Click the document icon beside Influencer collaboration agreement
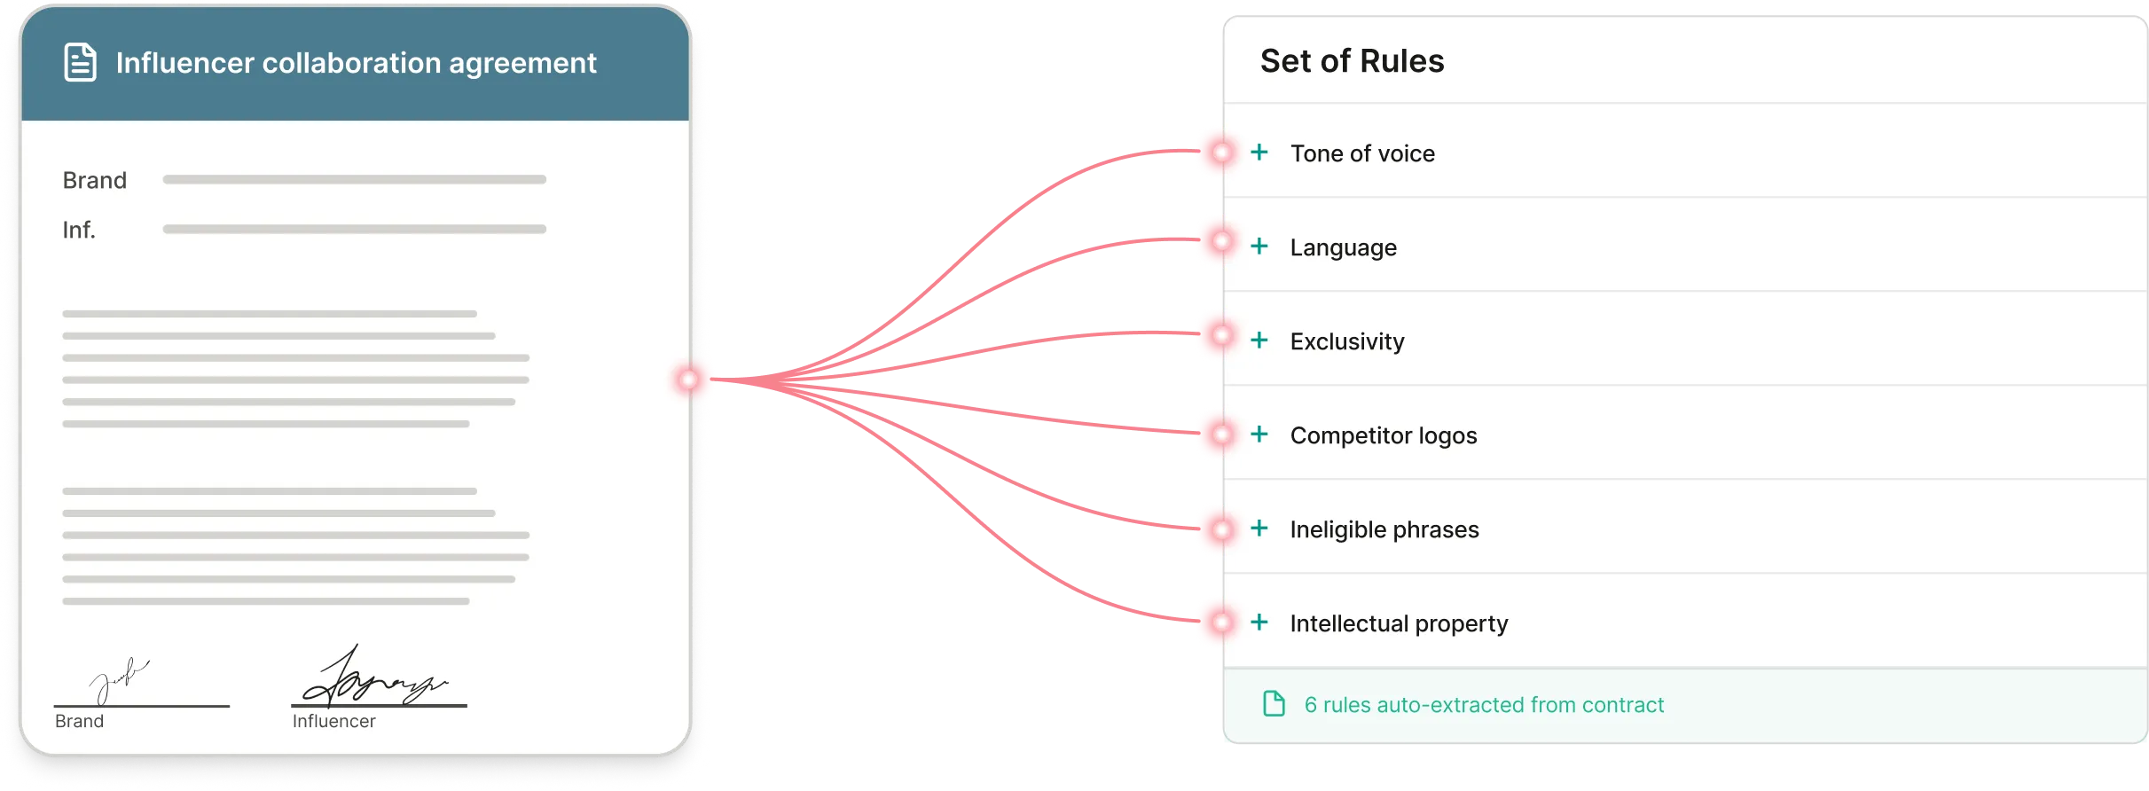point(80,62)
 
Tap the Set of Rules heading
point(1352,61)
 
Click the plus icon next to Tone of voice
point(1259,153)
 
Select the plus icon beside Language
point(1259,247)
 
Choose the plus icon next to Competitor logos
point(1259,435)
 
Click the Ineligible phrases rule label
point(1384,529)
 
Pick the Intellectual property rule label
point(1399,623)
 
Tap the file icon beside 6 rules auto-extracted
point(1274,704)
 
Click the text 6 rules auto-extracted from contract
point(1484,705)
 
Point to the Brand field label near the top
point(94,180)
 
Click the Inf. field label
point(78,231)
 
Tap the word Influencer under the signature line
point(333,721)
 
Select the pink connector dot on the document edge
point(689,380)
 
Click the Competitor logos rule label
point(1383,435)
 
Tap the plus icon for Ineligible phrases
point(1259,529)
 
